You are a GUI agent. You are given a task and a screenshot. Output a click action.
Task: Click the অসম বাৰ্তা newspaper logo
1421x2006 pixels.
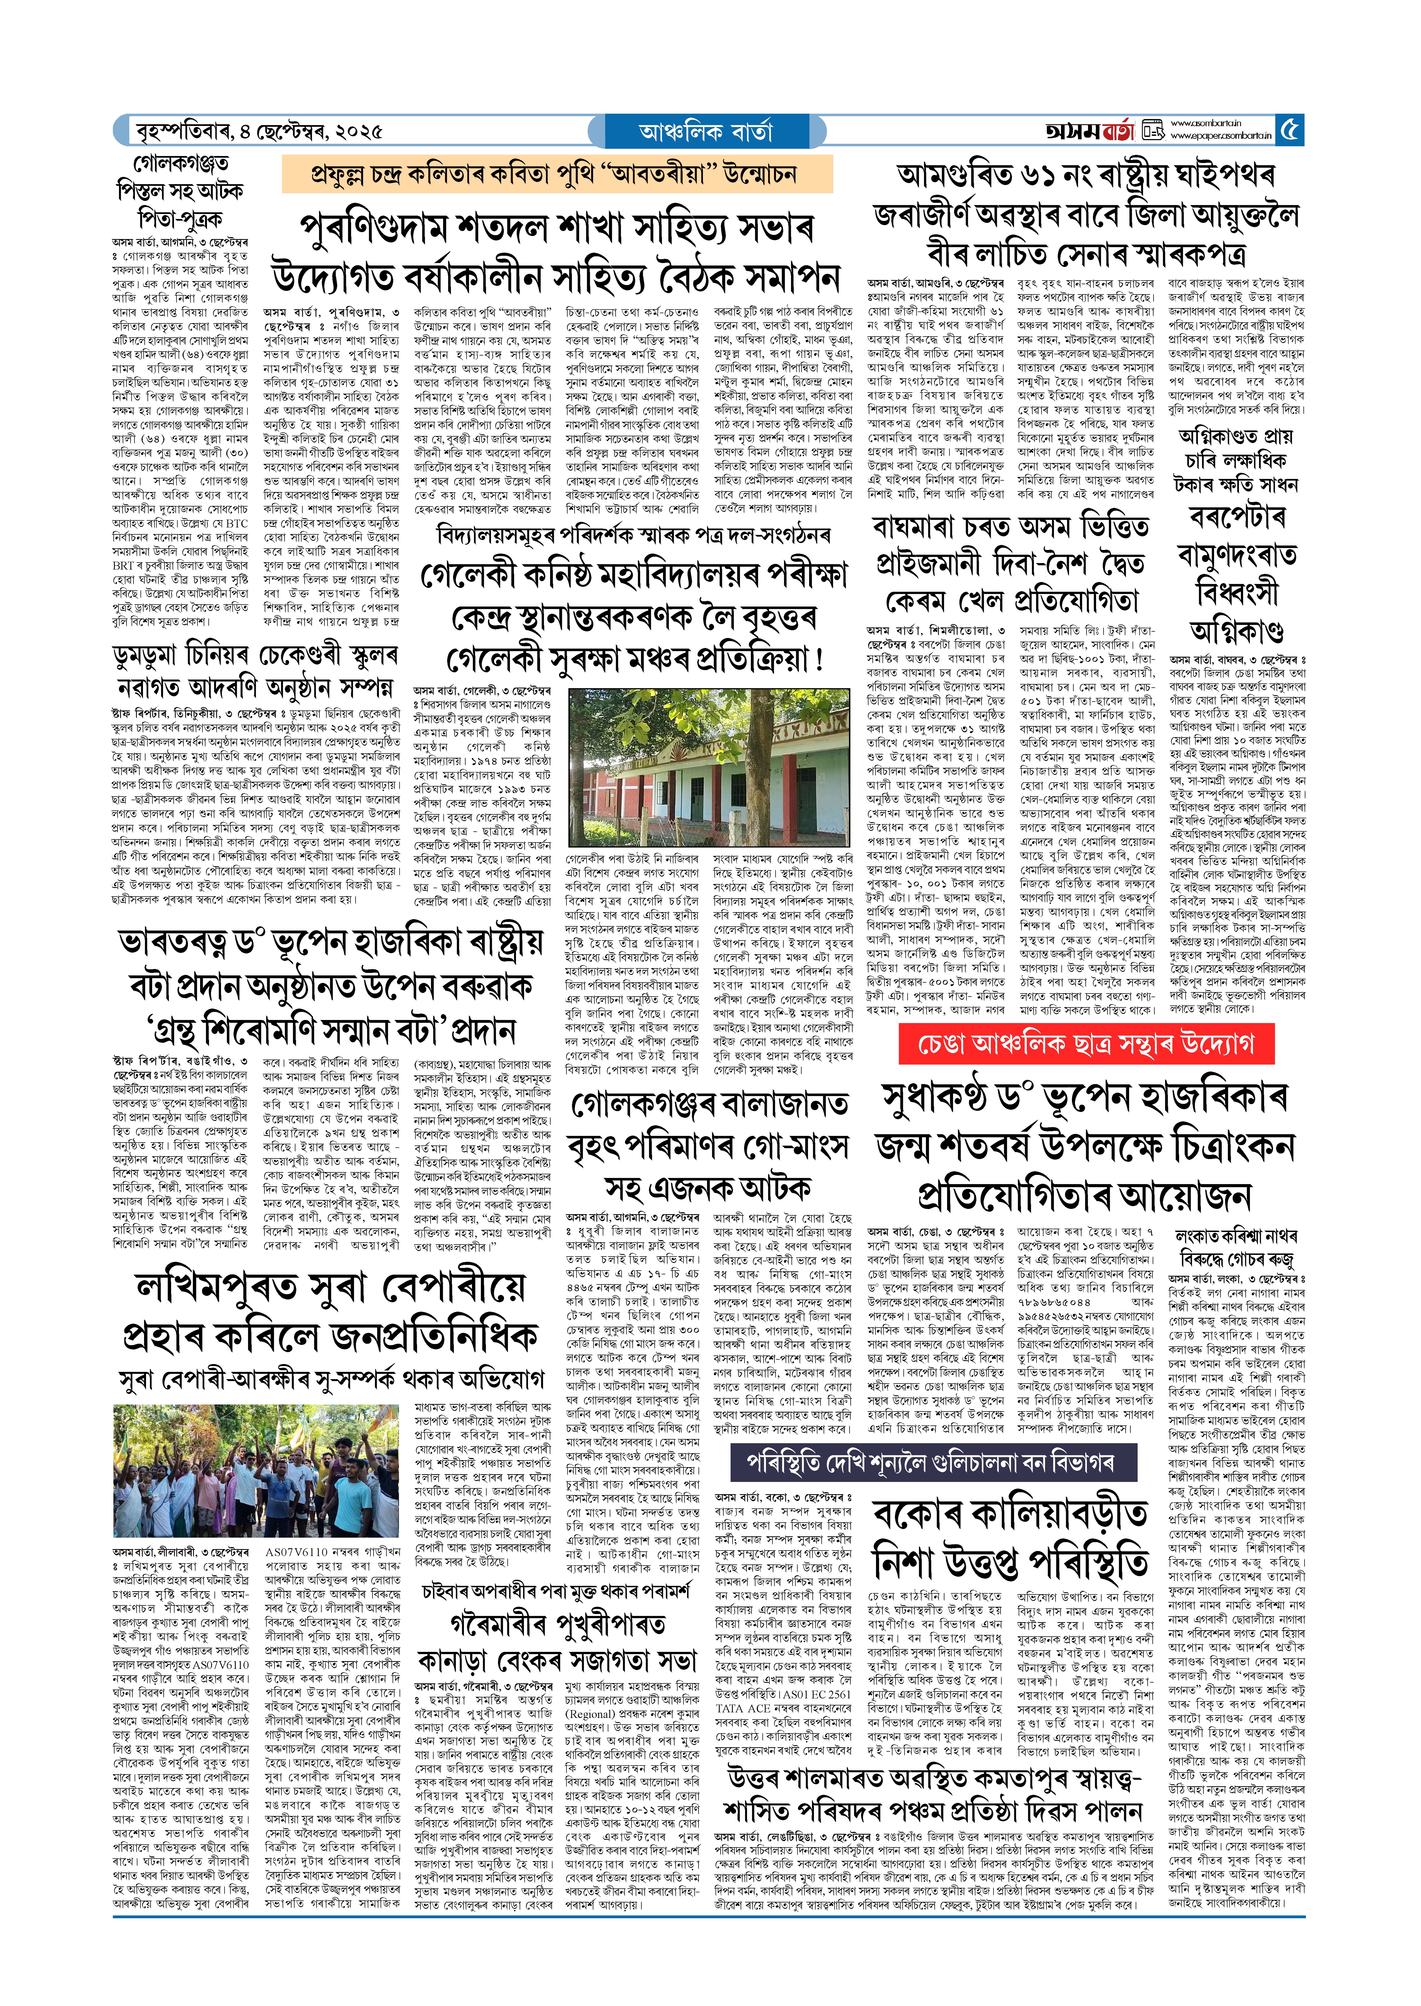click(1089, 131)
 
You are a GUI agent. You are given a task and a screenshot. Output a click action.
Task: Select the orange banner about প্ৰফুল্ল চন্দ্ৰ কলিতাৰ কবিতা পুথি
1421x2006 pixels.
click(556, 174)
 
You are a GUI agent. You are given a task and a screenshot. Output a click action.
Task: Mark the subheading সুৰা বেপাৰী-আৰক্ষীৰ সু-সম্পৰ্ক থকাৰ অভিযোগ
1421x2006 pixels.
click(331, 1380)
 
